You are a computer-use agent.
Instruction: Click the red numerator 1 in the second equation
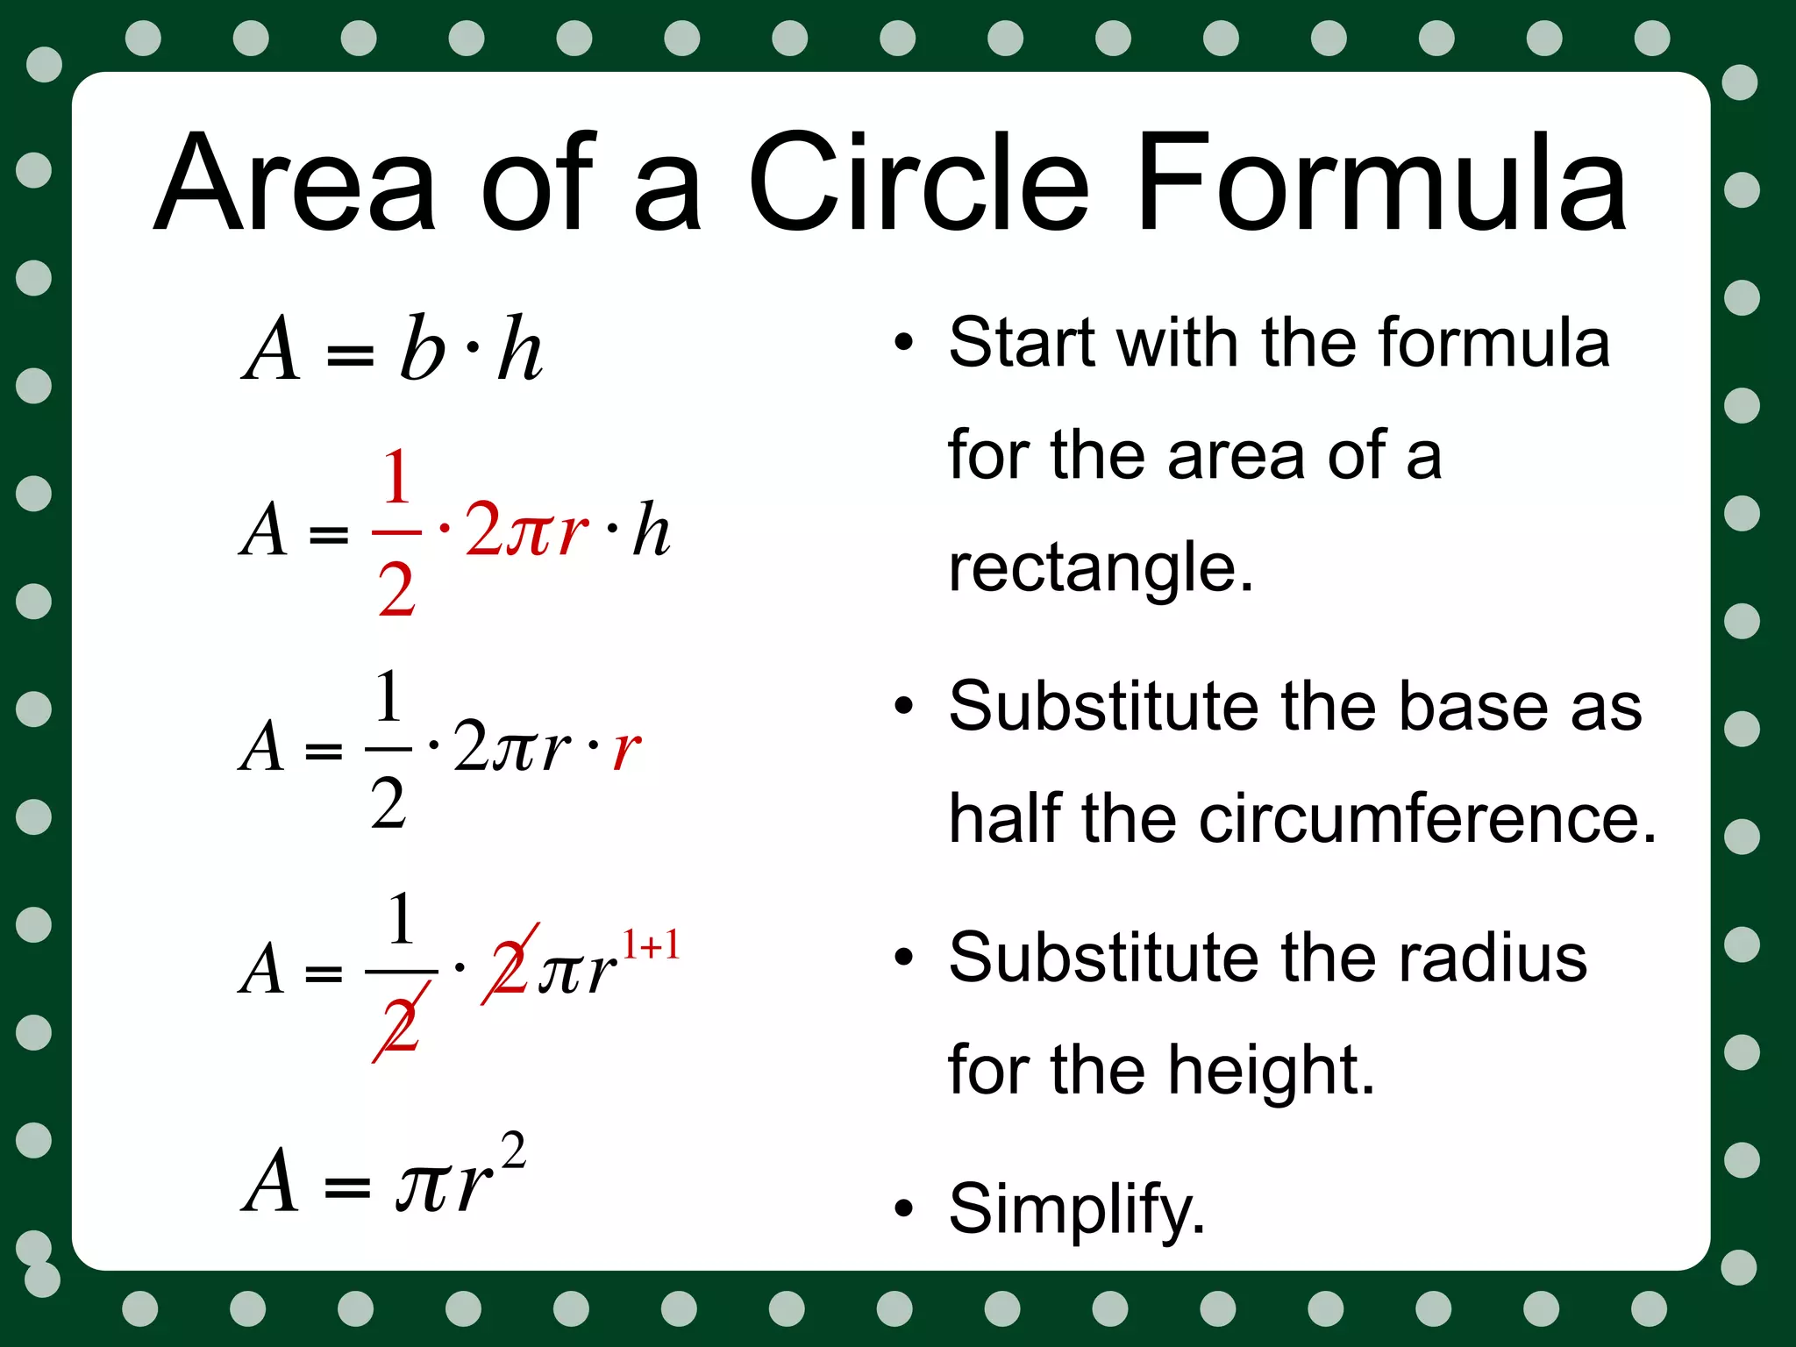[396, 477]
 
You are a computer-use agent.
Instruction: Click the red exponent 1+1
[651, 945]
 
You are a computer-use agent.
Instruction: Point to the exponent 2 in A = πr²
[513, 1151]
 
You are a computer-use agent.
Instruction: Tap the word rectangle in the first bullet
[1101, 567]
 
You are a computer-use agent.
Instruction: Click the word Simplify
[1077, 1208]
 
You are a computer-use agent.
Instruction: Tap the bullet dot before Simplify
[903, 1209]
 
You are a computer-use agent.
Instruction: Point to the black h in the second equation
[652, 531]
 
